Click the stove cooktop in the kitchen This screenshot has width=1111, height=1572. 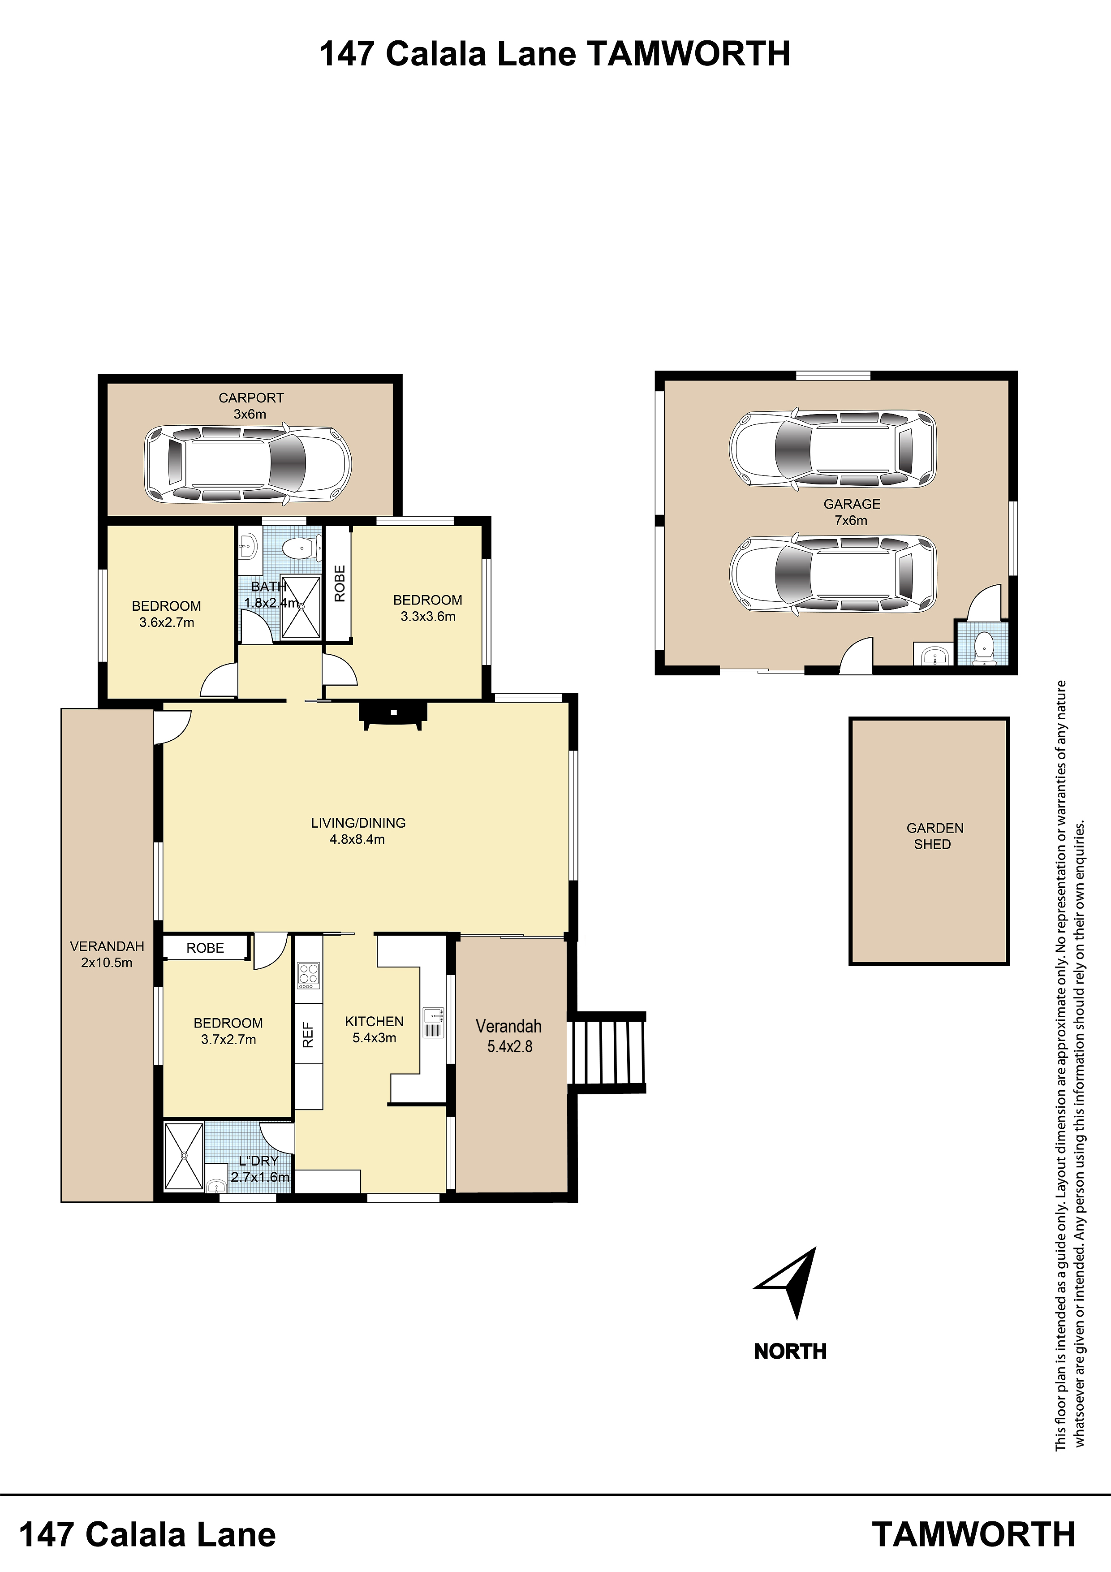coord(308,976)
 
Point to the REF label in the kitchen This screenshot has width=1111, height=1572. coord(308,1035)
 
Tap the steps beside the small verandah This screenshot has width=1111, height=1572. coord(608,1052)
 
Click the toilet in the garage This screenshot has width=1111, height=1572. coord(984,648)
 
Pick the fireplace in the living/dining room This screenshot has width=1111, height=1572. coord(394,716)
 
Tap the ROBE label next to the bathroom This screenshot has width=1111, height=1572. coord(340,583)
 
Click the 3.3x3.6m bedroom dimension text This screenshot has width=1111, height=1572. coord(428,616)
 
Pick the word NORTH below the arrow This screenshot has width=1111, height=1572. coord(790,1352)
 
